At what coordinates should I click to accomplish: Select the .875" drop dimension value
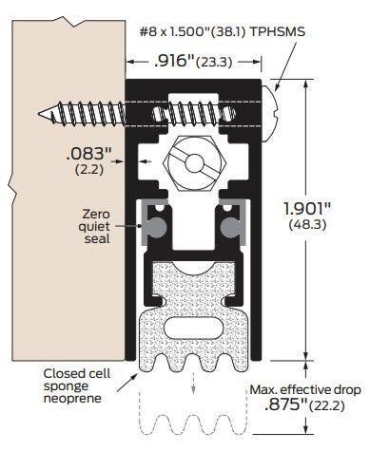(277, 406)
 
